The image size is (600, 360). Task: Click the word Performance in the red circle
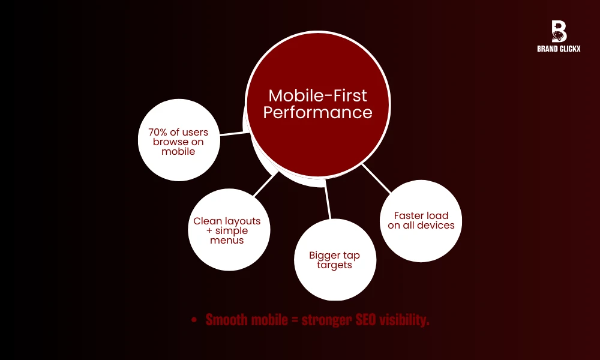pyautogui.click(x=317, y=112)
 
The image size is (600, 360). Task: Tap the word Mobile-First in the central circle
pyautogui.click(x=317, y=95)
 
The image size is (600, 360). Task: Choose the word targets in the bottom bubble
pyautogui.click(x=334, y=265)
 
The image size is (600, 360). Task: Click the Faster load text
pyautogui.click(x=421, y=215)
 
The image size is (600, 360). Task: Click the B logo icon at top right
pyautogui.click(x=559, y=31)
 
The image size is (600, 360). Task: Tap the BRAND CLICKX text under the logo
pyautogui.click(x=559, y=50)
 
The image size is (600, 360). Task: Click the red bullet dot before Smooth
pyautogui.click(x=193, y=321)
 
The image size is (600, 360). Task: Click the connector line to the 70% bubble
pyautogui.click(x=235, y=134)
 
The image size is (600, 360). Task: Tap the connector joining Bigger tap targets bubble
pyautogui.click(x=328, y=202)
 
